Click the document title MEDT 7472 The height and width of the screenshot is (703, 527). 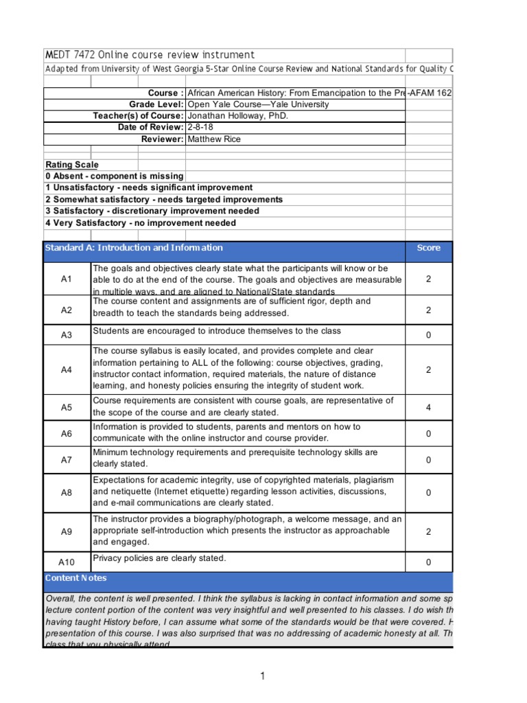(149, 55)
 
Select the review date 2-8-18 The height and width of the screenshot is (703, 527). (200, 128)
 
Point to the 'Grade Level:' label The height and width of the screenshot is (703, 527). (156, 104)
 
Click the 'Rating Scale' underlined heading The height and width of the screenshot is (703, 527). (72, 165)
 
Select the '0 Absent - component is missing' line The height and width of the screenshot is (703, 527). (115, 176)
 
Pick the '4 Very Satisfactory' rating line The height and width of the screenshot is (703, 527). (141, 223)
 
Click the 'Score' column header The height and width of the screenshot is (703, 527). (429, 249)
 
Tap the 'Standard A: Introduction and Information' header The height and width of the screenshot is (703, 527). (134, 248)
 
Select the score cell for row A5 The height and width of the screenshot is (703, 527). (429, 407)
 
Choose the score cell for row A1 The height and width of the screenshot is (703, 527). (429, 279)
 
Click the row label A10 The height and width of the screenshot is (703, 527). (67, 562)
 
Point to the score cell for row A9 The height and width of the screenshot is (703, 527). (429, 531)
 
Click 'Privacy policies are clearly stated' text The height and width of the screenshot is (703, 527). (159, 558)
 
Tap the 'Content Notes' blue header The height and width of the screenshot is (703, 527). (76, 578)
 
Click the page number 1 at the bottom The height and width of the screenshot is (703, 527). (262, 677)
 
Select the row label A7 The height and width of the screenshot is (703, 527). (67, 459)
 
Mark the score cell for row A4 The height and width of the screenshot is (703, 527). (429, 370)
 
